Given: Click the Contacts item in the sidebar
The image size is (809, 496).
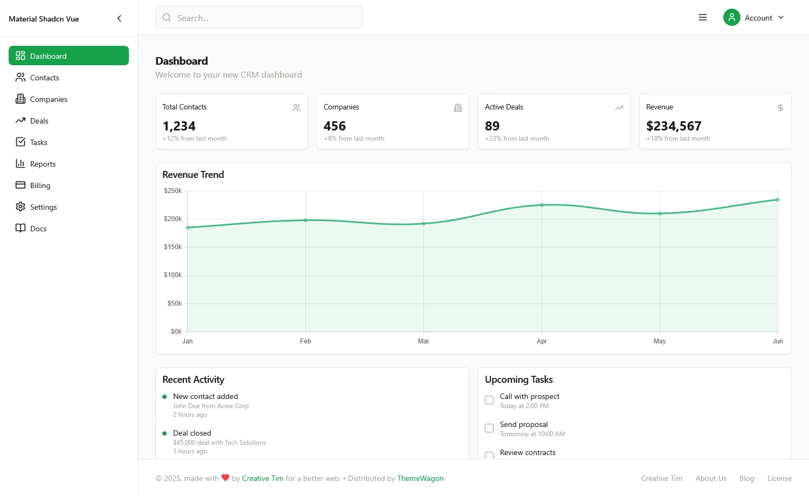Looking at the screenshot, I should [44, 78].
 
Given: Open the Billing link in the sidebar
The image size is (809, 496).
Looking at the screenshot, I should [40, 185].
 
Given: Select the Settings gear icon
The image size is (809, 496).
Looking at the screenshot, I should [20, 207].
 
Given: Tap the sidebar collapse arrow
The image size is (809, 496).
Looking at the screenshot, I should [119, 18].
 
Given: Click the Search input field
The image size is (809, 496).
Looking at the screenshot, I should [259, 18].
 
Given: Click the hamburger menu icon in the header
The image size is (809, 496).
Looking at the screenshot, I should [703, 18].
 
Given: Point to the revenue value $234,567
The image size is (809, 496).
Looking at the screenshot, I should [674, 126].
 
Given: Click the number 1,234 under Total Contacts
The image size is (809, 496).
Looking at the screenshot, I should [179, 126].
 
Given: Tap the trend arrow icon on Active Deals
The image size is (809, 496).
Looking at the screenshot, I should [619, 108].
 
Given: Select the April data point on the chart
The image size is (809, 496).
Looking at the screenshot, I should [541, 205].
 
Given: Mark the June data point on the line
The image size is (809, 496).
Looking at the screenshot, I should [778, 199].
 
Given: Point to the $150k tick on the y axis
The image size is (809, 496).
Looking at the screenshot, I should [173, 247].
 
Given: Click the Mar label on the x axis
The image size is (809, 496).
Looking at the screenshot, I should [423, 341].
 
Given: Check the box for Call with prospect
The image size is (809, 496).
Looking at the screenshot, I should [489, 400].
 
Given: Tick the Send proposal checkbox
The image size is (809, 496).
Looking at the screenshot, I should [489, 428].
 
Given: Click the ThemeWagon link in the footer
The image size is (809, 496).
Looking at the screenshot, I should [420, 478].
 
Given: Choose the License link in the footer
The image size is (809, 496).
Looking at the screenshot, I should [779, 478].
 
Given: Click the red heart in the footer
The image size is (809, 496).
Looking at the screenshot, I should [225, 478].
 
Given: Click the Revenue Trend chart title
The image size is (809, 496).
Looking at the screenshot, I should [193, 175].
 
